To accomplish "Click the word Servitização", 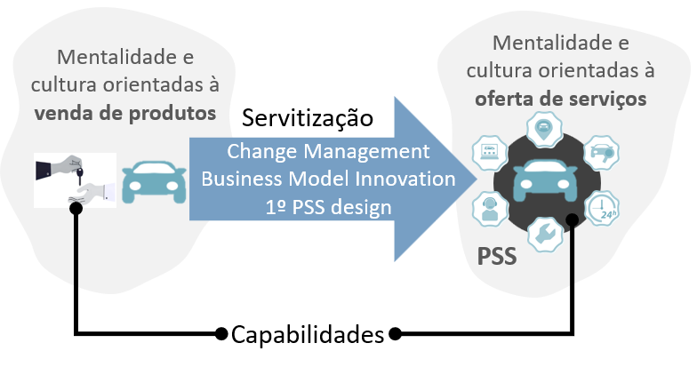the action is click(308, 118).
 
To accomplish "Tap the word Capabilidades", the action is click(308, 334).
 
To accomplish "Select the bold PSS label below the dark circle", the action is click(497, 256).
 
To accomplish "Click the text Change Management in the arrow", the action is click(328, 151).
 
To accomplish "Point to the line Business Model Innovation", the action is click(328, 179).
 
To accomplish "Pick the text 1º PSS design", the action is click(329, 207).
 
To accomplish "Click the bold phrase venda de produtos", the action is click(125, 114).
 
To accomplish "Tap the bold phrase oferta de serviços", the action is click(560, 99).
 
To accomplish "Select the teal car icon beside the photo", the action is click(154, 182).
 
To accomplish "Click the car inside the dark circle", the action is click(546, 181).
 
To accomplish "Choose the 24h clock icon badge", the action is click(601, 208).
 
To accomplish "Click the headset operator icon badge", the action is click(490, 209).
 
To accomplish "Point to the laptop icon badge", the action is click(489, 153).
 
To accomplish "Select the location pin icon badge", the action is click(544, 129).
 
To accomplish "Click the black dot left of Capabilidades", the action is click(220, 334).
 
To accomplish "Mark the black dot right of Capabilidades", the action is click(395, 334).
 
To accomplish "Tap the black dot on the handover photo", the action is click(76, 208).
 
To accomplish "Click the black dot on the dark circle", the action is click(573, 219).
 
